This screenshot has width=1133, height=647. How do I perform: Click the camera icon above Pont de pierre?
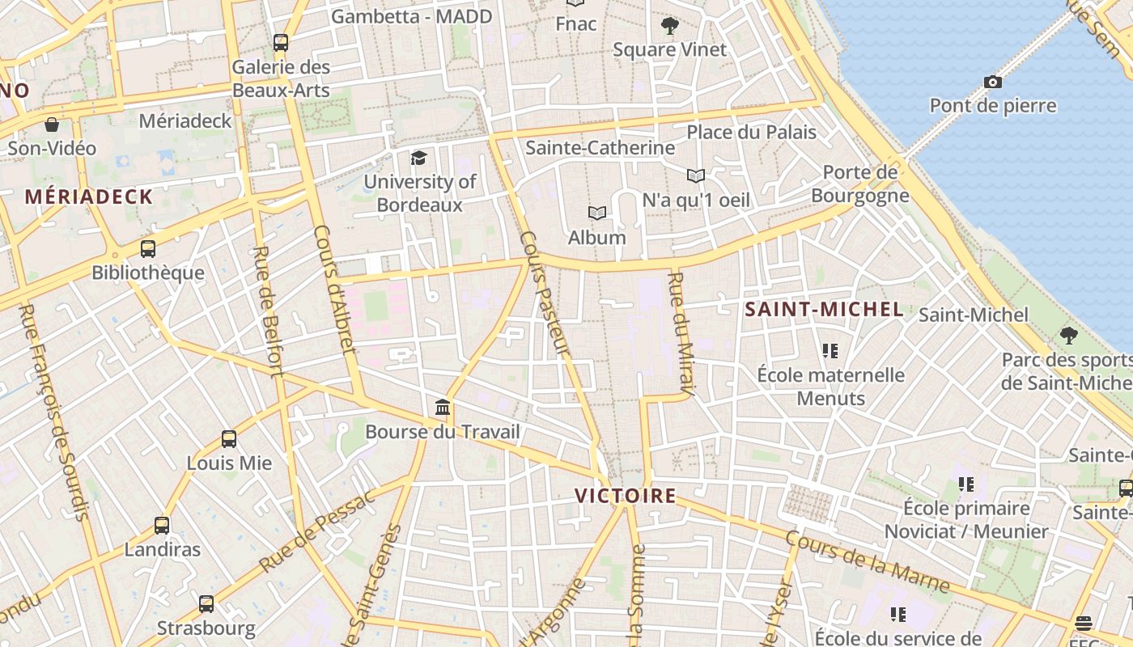tap(993, 82)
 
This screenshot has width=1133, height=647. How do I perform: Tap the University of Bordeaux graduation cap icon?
tap(418, 158)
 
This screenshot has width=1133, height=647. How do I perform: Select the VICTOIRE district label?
tap(625, 496)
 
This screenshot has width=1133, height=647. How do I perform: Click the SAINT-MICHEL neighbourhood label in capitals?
tap(824, 309)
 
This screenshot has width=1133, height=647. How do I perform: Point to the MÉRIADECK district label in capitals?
tap(89, 197)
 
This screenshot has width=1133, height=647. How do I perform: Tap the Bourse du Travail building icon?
tap(443, 407)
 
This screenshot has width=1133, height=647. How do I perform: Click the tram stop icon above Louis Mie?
tap(229, 439)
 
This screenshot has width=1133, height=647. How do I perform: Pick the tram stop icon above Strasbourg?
tap(206, 603)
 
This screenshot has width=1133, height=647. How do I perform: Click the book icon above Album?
tap(597, 213)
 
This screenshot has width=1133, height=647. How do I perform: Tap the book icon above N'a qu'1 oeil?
tap(696, 175)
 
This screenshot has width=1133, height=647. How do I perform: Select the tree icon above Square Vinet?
tap(669, 26)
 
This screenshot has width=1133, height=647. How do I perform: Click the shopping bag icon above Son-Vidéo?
tap(52, 125)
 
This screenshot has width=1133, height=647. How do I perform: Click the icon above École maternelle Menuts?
tap(830, 351)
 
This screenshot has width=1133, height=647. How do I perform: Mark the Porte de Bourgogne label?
tap(859, 184)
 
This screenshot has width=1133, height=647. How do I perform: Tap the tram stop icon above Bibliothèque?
tap(148, 248)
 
